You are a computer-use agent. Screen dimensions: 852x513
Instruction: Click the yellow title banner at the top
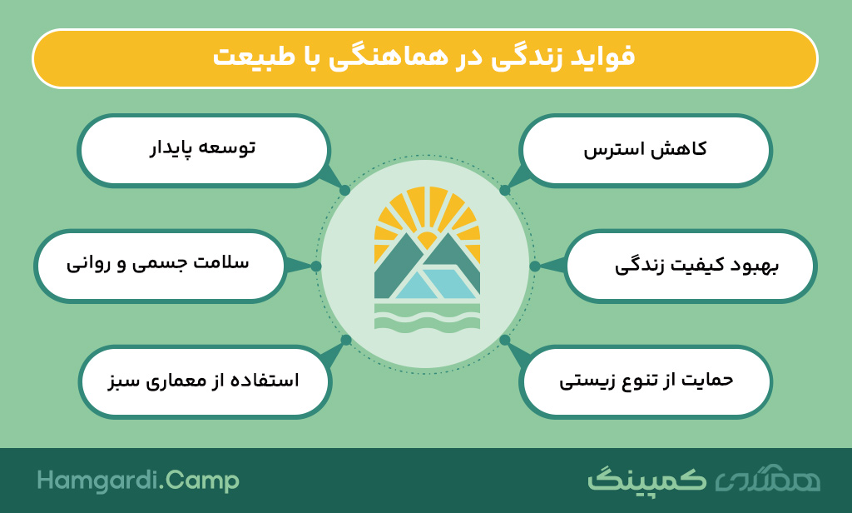425,58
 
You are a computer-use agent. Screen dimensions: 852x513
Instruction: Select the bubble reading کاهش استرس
646,151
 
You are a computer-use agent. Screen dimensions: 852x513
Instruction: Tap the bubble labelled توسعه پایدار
203,151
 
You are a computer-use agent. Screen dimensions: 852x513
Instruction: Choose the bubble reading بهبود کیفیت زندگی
691,266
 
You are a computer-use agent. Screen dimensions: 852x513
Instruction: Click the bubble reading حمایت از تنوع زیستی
646,381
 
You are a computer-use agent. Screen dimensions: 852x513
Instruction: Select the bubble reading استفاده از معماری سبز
205,381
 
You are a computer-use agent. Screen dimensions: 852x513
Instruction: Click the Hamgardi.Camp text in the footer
138,481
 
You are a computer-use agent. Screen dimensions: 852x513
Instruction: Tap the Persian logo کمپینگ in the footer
646,479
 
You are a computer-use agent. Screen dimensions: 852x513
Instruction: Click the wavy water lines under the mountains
427,316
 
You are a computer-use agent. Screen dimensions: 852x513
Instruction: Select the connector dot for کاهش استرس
505,191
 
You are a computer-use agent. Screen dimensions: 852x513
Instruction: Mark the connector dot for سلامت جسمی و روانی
316,266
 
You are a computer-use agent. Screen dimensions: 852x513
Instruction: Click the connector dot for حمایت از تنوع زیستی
505,340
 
